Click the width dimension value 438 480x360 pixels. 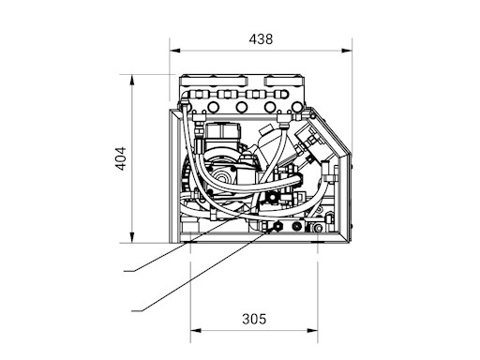(261, 39)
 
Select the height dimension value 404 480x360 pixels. (121, 158)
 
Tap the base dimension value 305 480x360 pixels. (254, 319)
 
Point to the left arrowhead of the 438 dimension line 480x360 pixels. (175, 51)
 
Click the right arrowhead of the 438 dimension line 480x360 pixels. (347, 51)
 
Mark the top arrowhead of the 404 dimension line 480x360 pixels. (132, 80)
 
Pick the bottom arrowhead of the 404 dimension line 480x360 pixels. (132, 237)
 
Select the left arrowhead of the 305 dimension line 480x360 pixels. (196, 331)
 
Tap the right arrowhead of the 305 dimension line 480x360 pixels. (312, 331)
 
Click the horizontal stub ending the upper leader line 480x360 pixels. (129, 271)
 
